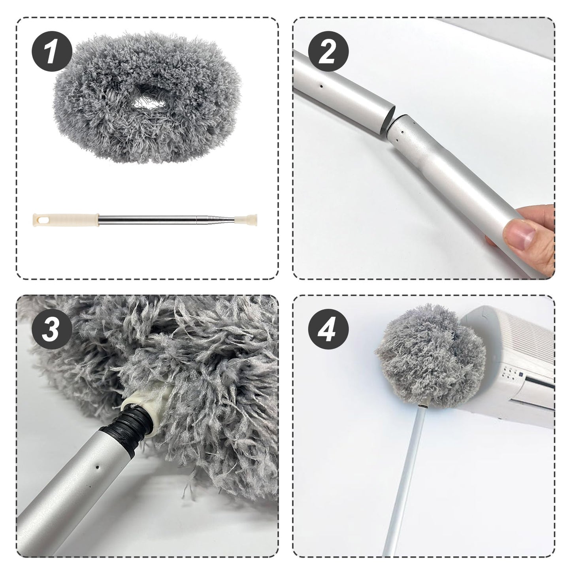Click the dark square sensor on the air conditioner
point(521,374)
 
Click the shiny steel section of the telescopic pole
point(166,218)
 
